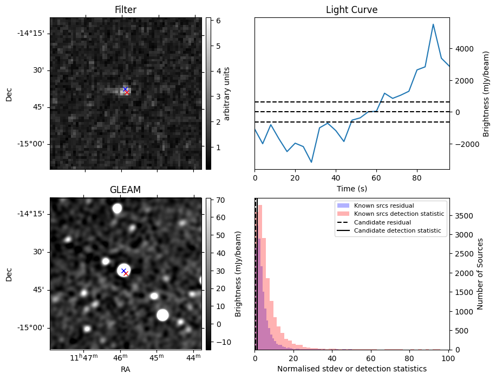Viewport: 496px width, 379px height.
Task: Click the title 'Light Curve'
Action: [x=351, y=10]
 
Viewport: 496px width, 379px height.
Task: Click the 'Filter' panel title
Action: [x=126, y=10]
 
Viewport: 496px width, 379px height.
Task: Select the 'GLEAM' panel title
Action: [x=126, y=190]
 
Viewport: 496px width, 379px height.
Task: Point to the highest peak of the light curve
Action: [x=433, y=24]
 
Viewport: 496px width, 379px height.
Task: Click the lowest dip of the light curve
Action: [x=311, y=162]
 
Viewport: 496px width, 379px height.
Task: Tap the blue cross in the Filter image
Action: [x=125, y=89]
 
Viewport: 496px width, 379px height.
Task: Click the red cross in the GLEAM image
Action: [x=126, y=273]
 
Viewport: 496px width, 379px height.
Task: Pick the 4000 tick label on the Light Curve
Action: [x=464, y=49]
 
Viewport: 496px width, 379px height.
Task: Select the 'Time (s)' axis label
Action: [x=351, y=188]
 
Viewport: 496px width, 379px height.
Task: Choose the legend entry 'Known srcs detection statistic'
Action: [x=399, y=214]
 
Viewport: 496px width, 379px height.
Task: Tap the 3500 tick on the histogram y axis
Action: [x=462, y=216]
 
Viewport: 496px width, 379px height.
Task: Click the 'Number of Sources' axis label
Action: [x=480, y=274]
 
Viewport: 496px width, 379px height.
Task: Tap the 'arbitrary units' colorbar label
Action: [x=227, y=93]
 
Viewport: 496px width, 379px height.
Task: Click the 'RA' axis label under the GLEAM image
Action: [x=126, y=369]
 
